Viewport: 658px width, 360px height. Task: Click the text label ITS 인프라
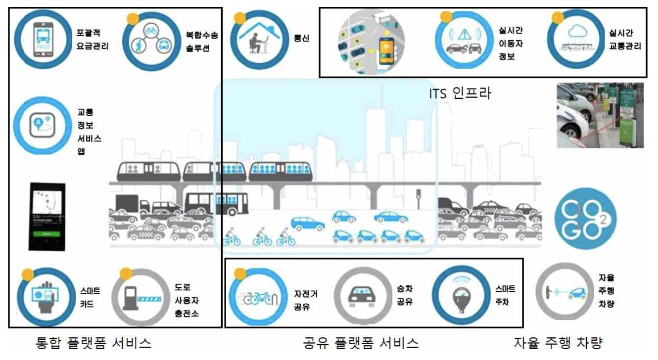pyautogui.click(x=460, y=92)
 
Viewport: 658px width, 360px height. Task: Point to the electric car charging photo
pyautogui.click(x=600, y=115)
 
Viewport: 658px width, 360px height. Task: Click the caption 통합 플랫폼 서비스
pyautogui.click(x=94, y=343)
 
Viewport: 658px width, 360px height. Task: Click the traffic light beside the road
pyautogui.click(x=418, y=194)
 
